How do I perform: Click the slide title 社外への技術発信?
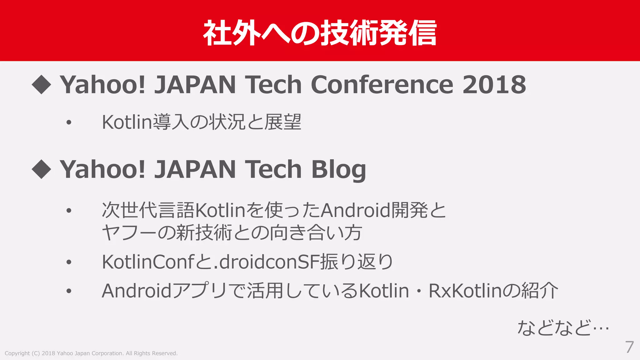[320, 33]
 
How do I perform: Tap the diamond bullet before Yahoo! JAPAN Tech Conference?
[41, 85]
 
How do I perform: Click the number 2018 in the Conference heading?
[494, 85]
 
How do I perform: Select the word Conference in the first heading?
[382, 85]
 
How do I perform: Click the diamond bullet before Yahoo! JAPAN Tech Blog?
[41, 169]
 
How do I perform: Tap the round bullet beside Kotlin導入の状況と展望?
[69, 122]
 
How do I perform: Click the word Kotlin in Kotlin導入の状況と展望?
[127, 122]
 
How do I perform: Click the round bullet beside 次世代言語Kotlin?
[69, 211]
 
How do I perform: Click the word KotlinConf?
[148, 262]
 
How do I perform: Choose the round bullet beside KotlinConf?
[69, 262]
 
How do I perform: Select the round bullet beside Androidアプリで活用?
[69, 291]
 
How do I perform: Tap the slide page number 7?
[629, 347]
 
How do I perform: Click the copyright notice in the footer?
[91, 353]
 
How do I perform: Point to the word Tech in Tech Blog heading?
[273, 170]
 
